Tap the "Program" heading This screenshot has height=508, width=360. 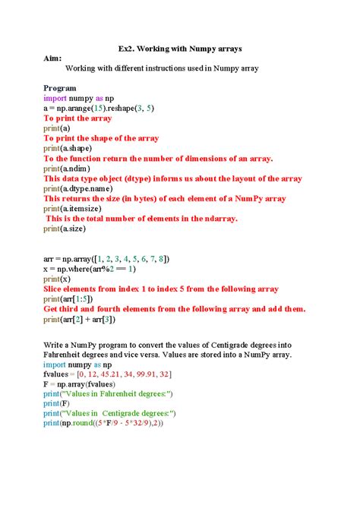coord(60,88)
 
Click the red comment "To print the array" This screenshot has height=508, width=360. coord(77,118)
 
